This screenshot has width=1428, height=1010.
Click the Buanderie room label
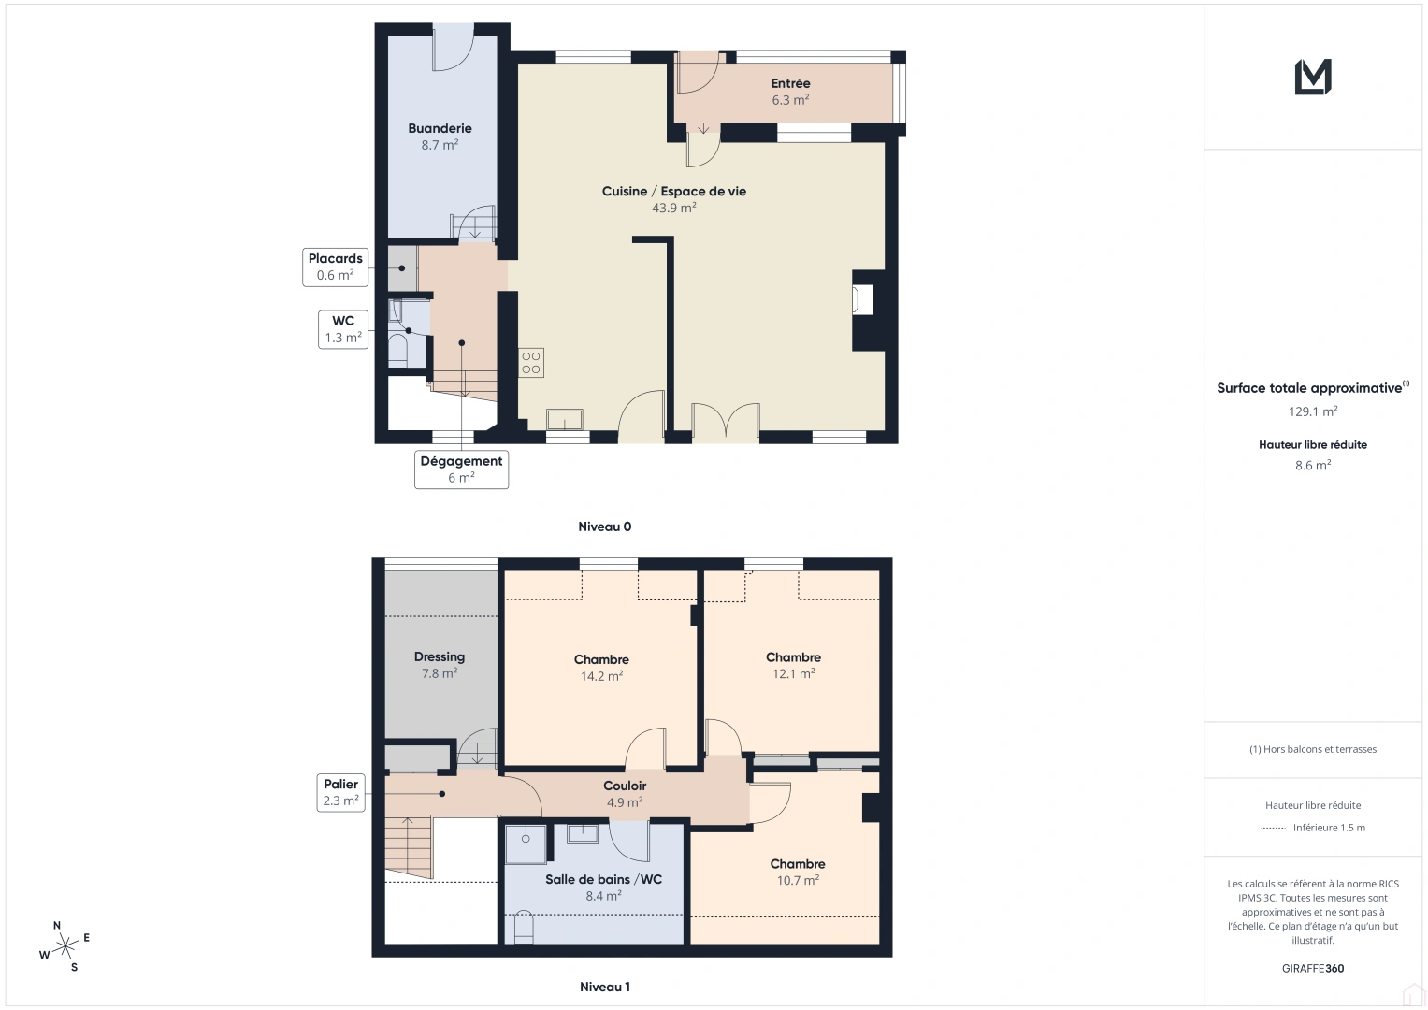[440, 128]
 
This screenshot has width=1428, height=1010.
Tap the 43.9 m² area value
[673, 209]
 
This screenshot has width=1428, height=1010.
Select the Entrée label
[790, 83]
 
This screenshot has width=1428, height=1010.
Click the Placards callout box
[335, 267]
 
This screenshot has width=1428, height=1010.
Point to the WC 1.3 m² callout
[343, 329]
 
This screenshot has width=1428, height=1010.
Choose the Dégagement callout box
[461, 469]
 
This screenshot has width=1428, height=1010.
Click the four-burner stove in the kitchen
[531, 363]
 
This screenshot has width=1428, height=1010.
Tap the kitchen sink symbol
[565, 419]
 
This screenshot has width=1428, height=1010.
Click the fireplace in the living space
[861, 300]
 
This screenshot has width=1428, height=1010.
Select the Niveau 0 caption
[604, 527]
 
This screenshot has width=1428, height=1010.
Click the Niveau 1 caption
[604, 987]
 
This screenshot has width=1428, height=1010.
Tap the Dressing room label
[440, 656]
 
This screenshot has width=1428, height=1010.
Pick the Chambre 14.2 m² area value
[601, 676]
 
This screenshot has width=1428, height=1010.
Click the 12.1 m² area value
[793, 674]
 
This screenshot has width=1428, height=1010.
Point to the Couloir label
[625, 786]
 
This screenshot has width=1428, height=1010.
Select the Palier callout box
[340, 792]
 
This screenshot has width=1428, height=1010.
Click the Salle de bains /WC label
[603, 879]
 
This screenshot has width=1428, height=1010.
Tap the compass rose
[65, 947]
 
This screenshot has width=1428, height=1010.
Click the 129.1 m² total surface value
[1312, 411]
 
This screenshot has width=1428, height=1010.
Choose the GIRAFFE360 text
[1312, 968]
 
